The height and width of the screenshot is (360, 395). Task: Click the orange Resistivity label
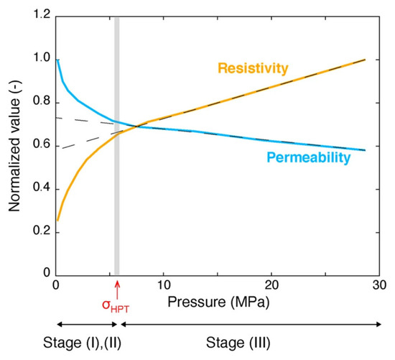click(253, 68)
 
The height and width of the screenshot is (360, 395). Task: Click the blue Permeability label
click(309, 157)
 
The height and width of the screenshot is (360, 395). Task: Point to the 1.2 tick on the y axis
click(42, 14)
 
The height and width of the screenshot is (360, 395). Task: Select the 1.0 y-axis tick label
click(42, 58)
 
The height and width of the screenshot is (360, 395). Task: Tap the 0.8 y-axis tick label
click(42, 101)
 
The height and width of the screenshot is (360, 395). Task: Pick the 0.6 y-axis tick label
click(42, 145)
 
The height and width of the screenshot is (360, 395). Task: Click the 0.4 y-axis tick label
click(42, 188)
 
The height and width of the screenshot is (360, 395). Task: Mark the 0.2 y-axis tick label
click(42, 231)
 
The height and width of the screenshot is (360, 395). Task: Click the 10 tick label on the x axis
click(164, 285)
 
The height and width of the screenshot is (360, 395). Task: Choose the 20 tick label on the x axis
click(271, 285)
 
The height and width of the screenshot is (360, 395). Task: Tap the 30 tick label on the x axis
click(379, 285)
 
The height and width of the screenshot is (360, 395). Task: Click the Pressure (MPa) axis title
click(218, 302)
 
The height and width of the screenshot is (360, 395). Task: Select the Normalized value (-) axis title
click(14, 146)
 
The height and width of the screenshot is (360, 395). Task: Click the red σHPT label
click(116, 306)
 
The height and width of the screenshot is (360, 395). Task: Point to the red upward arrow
click(117, 290)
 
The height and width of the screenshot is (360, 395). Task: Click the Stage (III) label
click(238, 343)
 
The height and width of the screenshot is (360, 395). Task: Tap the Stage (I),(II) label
click(82, 343)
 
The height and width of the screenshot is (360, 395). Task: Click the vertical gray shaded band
click(117, 147)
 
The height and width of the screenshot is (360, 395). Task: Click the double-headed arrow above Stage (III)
click(251, 325)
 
